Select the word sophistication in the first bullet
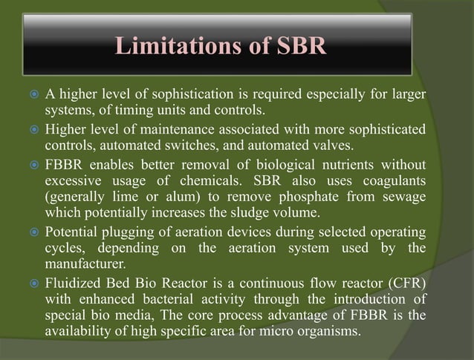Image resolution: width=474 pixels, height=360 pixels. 210,96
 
